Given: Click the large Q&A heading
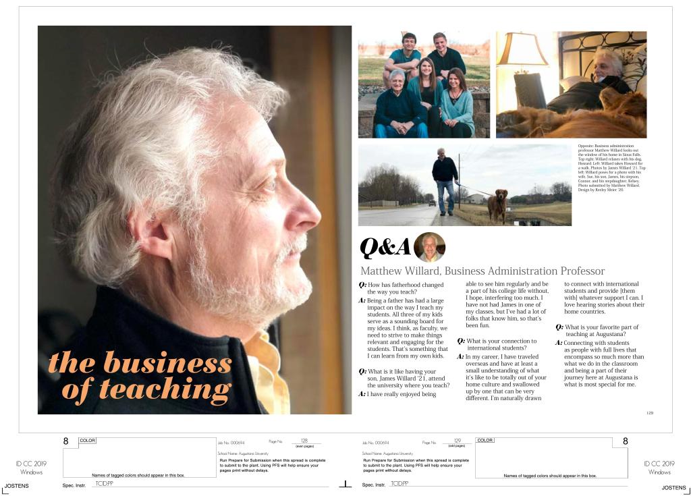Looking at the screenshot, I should click(385, 248).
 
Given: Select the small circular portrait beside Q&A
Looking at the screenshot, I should click(429, 247).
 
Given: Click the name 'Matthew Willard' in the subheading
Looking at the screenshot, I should click(399, 271).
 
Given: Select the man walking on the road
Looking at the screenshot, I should click(445, 179).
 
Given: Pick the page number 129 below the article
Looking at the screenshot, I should click(649, 412).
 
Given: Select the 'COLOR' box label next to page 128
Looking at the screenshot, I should click(88, 441).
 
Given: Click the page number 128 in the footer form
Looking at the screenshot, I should click(304, 440).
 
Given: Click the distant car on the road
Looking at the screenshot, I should click(431, 202).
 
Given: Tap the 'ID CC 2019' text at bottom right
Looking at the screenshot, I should click(659, 464).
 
